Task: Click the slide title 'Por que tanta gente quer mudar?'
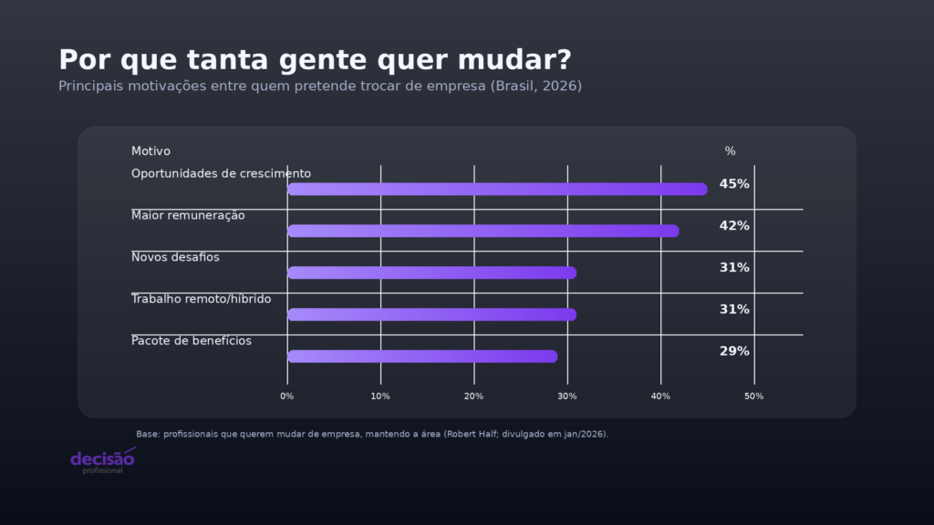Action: (315, 59)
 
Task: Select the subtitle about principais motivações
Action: (320, 86)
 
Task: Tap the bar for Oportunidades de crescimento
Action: (497, 189)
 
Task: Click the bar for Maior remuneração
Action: (483, 231)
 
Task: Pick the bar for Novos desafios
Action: (431, 273)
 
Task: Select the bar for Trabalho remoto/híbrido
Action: (431, 314)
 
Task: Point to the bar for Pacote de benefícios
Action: (422, 356)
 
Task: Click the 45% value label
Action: (734, 184)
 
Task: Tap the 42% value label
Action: (734, 226)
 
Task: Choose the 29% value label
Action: (734, 352)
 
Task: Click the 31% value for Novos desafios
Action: (734, 268)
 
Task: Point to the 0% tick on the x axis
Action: (287, 396)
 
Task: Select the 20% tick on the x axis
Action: (473, 396)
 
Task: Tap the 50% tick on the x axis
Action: (753, 396)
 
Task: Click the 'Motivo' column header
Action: (150, 151)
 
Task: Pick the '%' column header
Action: (730, 151)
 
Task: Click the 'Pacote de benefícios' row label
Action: (192, 341)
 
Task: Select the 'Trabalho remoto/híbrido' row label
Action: (201, 299)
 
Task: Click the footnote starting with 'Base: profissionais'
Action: (372, 435)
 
